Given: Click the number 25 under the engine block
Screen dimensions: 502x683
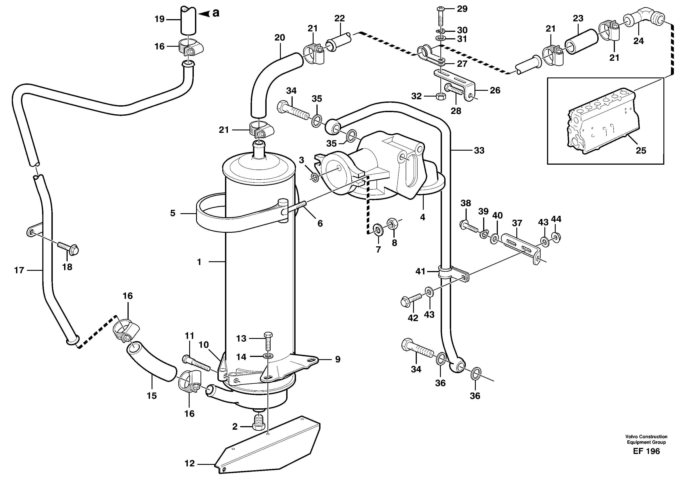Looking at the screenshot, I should point(641,150).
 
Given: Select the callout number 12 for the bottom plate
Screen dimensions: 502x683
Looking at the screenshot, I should point(189,464).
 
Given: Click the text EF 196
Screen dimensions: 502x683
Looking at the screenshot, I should point(646,451).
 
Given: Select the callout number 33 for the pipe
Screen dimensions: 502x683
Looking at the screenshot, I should point(479,150).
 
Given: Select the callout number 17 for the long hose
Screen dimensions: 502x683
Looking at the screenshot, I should point(19,270).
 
